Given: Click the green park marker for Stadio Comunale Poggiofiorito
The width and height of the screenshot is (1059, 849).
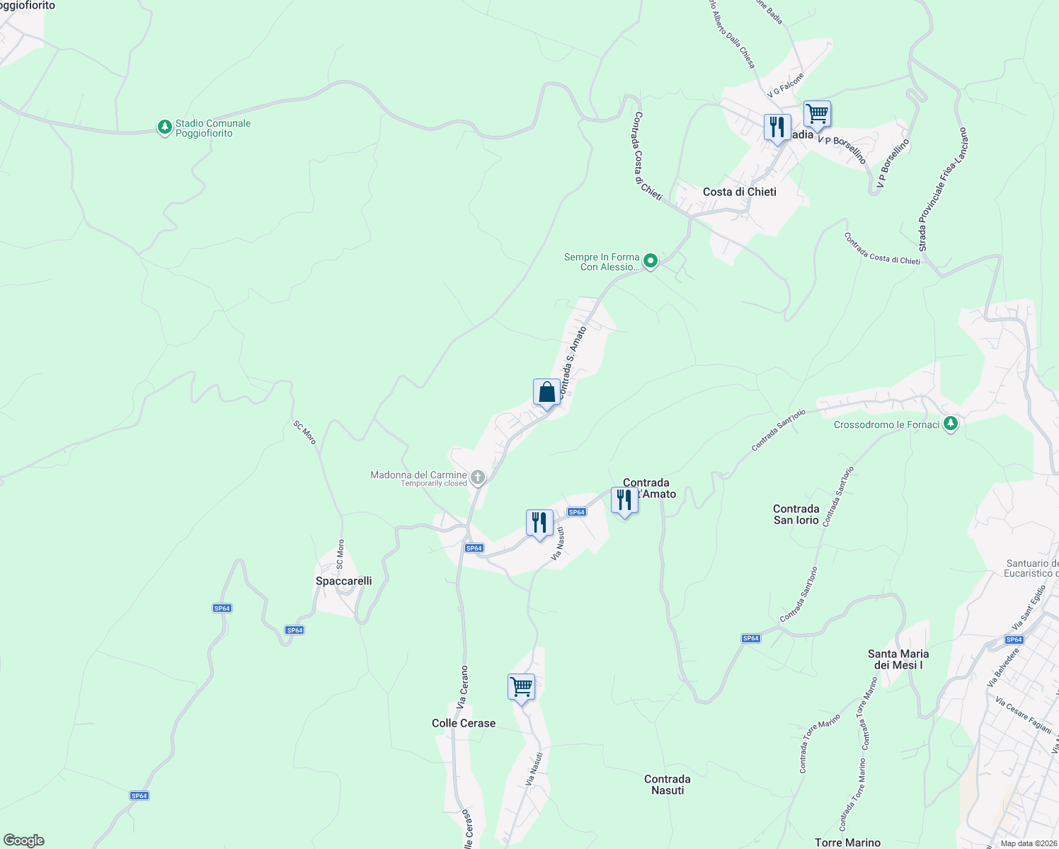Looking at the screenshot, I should tap(164, 127).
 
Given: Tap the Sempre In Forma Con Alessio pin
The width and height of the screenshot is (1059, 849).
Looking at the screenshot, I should tap(650, 261).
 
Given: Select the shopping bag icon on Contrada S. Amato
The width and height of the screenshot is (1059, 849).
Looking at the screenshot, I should tap(546, 393).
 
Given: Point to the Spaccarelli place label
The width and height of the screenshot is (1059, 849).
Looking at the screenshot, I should tap(343, 581).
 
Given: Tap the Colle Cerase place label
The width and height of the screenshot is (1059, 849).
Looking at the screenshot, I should tap(464, 723).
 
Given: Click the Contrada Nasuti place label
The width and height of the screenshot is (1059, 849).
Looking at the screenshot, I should tap(668, 785).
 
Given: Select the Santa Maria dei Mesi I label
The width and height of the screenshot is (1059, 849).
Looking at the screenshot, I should tap(898, 659).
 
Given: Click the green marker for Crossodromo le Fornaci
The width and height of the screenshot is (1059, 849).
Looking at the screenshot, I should tap(951, 424).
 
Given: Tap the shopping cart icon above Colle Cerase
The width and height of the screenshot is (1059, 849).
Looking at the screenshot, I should tap(521, 687).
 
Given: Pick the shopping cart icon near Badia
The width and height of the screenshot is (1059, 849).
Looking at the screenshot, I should tap(817, 114).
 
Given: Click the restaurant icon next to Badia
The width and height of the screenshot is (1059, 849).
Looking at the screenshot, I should tap(777, 128).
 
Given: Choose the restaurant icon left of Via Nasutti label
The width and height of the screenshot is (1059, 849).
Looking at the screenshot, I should tap(539, 524).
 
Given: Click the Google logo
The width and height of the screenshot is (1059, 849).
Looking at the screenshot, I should tap(24, 841).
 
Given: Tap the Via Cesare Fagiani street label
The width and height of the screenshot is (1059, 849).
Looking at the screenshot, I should tap(1023, 714).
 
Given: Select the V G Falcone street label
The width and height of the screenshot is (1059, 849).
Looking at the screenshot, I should tap(786, 85).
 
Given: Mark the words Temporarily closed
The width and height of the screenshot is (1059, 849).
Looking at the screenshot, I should tap(434, 484).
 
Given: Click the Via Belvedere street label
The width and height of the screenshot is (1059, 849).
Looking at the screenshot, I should tap(1002, 667).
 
